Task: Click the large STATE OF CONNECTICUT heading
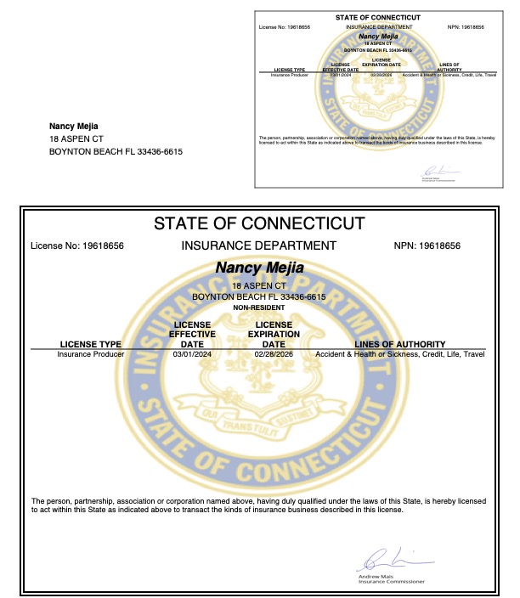tap(259, 224)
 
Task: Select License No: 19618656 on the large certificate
tap(77, 246)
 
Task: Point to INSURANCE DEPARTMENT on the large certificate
tap(259, 246)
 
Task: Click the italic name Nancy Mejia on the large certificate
tap(259, 268)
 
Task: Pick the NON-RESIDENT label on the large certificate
tap(259, 307)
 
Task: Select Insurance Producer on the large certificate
tap(91, 353)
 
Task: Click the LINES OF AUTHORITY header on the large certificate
tap(398, 344)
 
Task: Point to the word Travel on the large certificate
tap(474, 353)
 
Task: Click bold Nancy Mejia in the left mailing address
tap(74, 127)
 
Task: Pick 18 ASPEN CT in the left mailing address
tap(76, 139)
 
